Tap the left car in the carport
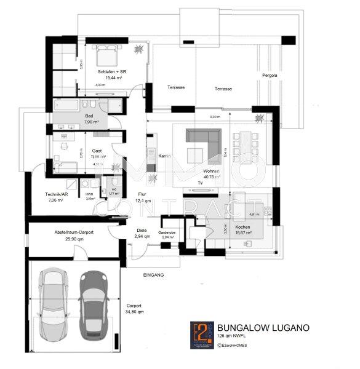tap(51, 302)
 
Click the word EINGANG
tap(153, 275)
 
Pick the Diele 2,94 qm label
tap(142, 233)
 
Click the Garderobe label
tap(167, 234)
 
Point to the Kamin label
tap(163, 156)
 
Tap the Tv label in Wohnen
tap(200, 183)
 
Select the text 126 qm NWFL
tap(233, 337)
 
